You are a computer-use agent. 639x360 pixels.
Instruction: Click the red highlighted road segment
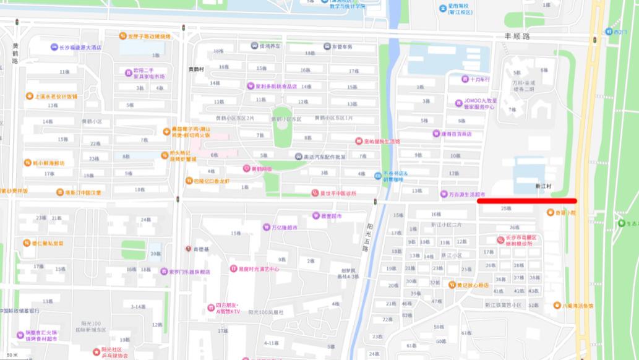click(x=527, y=200)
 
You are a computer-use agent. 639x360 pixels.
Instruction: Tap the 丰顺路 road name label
click(x=518, y=37)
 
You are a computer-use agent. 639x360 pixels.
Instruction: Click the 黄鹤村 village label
click(x=197, y=69)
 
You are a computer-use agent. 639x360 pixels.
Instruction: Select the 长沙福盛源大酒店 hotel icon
click(x=54, y=48)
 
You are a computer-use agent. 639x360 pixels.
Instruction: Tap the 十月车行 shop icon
click(x=465, y=79)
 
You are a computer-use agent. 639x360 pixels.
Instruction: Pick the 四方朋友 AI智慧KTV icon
click(x=210, y=308)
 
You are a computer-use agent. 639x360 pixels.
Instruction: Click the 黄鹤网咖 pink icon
click(x=246, y=168)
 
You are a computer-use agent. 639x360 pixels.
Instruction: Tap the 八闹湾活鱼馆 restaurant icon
click(x=557, y=305)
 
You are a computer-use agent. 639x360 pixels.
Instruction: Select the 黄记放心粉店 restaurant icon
click(x=452, y=285)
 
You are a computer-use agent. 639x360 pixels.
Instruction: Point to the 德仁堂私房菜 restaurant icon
click(x=27, y=243)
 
